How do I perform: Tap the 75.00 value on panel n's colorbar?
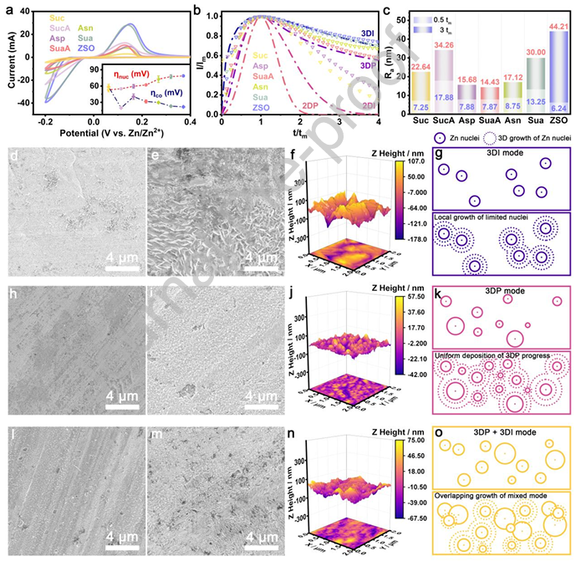[418, 438]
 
